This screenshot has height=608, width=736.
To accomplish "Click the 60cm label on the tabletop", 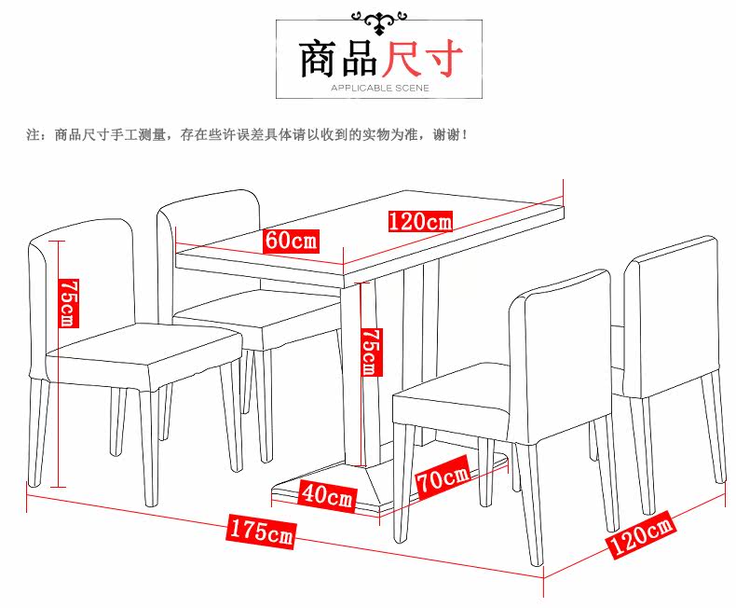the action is coord(290,240).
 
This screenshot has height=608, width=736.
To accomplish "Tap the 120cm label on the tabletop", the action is coord(420,221).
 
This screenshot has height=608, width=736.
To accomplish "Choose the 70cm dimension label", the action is coord(443,481).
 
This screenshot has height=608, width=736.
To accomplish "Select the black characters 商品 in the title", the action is coord(337,58).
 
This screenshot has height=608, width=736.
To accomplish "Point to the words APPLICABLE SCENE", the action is coord(379,89).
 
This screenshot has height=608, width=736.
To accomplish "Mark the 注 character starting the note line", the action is coord(32,135).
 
